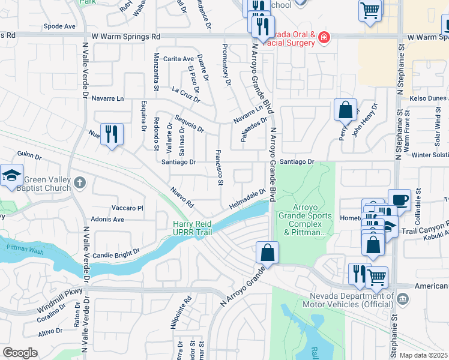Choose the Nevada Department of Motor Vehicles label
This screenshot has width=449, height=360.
tap(351, 301)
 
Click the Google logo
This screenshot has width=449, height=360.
tap(20, 353)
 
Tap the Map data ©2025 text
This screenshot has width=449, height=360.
tap(424, 355)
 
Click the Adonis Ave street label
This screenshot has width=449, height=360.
tap(107, 220)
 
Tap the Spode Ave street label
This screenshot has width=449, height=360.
tap(60, 26)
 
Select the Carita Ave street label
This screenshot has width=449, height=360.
tap(178, 59)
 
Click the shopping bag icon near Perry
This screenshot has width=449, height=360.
tap(345, 110)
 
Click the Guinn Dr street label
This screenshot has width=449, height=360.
tap(29, 157)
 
